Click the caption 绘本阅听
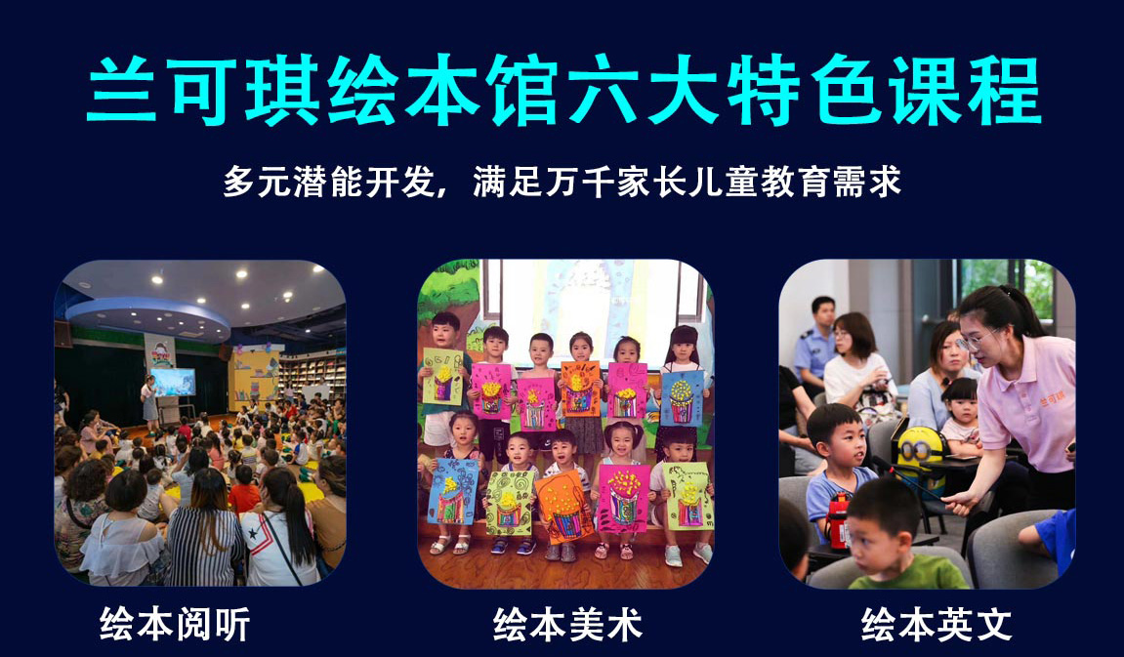(175, 624)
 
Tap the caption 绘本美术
(567, 624)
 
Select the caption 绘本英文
(937, 624)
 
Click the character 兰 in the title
(122, 90)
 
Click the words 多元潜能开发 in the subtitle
(329, 182)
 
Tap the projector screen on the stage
(172, 382)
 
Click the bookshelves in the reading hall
(312, 375)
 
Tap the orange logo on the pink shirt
(1052, 398)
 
